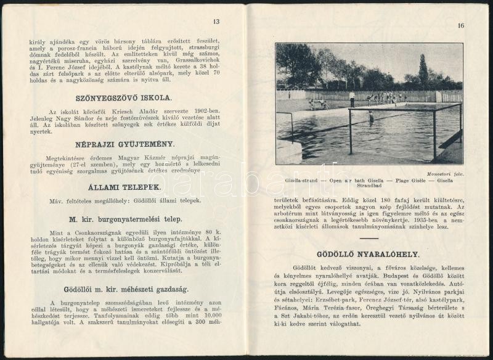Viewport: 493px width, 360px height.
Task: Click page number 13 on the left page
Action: click(216, 22)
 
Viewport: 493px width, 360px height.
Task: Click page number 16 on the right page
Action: click(460, 25)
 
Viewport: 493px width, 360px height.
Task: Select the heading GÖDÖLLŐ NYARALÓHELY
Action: click(368, 254)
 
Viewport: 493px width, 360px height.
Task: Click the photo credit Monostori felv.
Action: click(446, 174)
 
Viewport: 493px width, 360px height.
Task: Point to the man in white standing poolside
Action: click(352, 98)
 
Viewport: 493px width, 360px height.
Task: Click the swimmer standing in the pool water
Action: click(370, 117)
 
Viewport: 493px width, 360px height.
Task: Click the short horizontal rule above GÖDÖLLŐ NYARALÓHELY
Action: click(369, 239)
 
